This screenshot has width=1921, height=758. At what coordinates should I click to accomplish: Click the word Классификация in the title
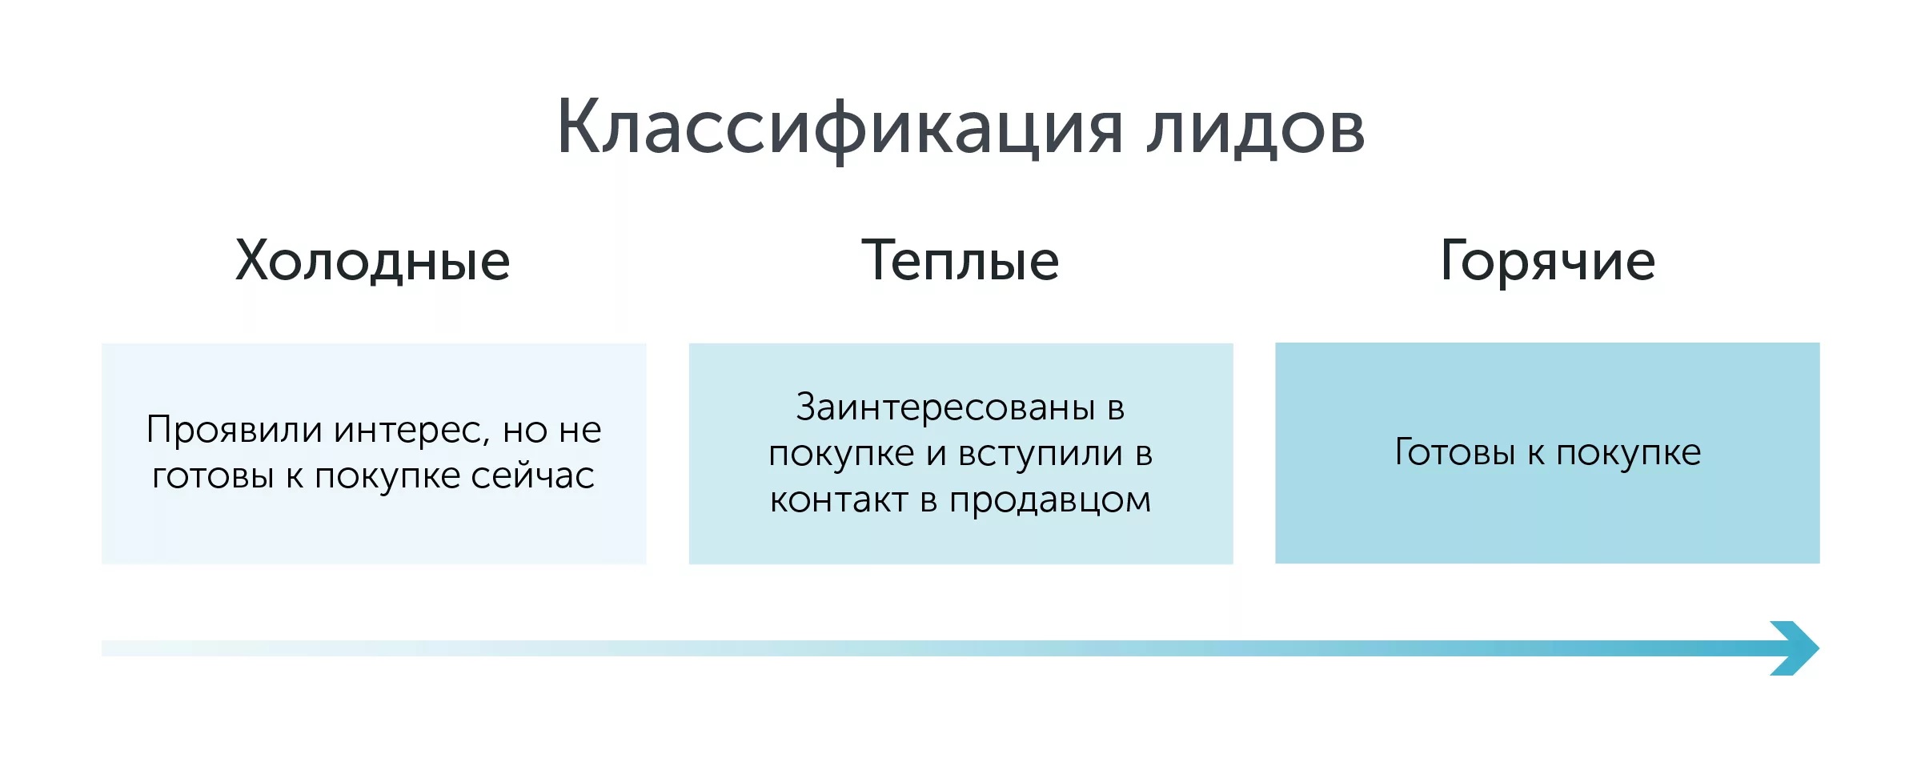[x=840, y=128]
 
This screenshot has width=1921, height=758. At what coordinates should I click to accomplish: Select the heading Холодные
[x=373, y=260]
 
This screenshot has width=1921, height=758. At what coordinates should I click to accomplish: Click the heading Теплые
[x=960, y=260]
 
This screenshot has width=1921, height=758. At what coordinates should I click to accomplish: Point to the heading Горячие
[x=1547, y=262]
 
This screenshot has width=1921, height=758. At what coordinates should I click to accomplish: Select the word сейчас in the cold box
[x=532, y=476]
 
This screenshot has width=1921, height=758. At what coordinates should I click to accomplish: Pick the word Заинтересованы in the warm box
[x=945, y=407]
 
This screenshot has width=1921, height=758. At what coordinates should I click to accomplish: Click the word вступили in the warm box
[x=1041, y=455]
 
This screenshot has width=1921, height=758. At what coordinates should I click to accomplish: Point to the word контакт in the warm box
[x=840, y=500]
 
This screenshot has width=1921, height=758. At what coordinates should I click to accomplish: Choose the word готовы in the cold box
[x=213, y=476]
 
